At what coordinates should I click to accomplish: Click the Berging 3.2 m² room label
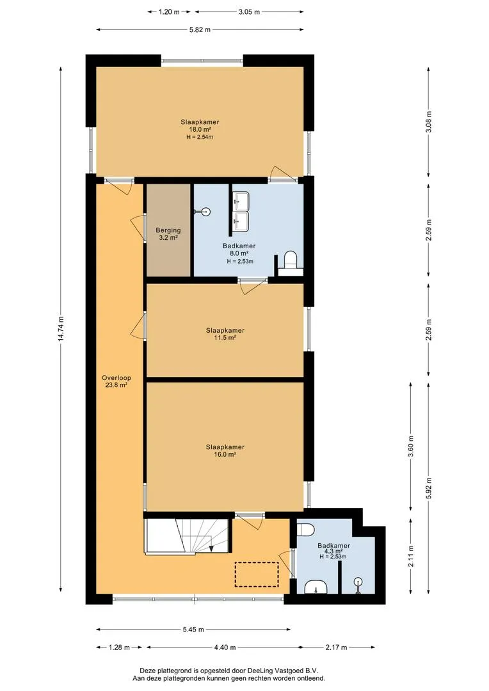[168, 234]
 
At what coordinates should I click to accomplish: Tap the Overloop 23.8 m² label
[116, 381]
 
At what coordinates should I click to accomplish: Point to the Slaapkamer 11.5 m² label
[225, 333]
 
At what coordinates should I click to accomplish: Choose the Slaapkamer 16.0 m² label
[225, 450]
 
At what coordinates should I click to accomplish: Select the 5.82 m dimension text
[200, 29]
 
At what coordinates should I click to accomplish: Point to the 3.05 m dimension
[249, 12]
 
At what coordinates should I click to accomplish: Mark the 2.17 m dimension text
[336, 647]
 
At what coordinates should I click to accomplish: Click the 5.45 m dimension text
[193, 630]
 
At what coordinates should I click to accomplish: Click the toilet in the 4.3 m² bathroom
[305, 529]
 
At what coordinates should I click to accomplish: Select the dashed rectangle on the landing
[257, 574]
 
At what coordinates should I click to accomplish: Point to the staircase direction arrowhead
[212, 549]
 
